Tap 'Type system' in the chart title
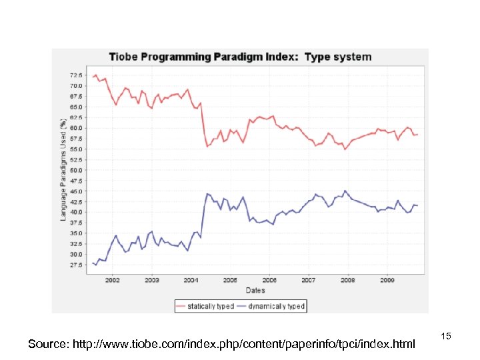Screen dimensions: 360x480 click(x=338, y=57)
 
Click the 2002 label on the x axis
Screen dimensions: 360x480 click(x=112, y=280)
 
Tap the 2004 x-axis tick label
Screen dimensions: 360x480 click(x=191, y=280)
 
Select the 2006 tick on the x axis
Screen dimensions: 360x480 click(x=269, y=280)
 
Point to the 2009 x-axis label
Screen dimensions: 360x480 click(x=387, y=280)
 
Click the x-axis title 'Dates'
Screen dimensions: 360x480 click(x=255, y=290)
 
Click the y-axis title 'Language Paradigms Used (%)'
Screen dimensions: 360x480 click(x=63, y=170)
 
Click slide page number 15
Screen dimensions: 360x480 click(x=447, y=337)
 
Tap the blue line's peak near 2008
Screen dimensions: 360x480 click(x=345, y=191)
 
